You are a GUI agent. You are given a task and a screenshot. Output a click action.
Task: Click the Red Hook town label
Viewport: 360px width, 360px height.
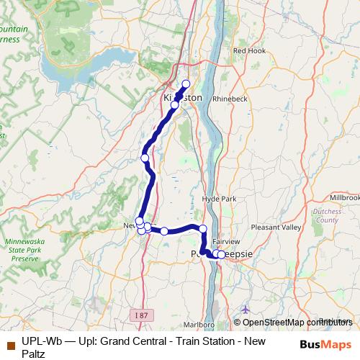[249, 51]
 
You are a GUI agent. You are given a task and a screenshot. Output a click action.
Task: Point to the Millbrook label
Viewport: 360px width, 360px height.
[343, 197]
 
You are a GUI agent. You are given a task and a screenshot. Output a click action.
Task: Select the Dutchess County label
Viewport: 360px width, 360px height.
[327, 215]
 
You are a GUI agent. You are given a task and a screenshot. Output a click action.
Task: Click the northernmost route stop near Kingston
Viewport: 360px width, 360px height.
[186, 84]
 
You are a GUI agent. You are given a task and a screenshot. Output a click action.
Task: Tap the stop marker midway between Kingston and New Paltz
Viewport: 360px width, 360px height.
[145, 158]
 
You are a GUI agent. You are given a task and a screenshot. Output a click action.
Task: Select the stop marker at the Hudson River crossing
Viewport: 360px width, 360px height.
[203, 229]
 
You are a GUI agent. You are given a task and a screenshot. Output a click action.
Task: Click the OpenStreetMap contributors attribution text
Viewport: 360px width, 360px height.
[296, 322]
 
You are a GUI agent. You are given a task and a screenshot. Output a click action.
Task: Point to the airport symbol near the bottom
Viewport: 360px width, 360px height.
[246, 309]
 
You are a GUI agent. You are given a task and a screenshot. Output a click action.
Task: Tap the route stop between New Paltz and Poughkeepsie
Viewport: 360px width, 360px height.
[164, 231]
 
